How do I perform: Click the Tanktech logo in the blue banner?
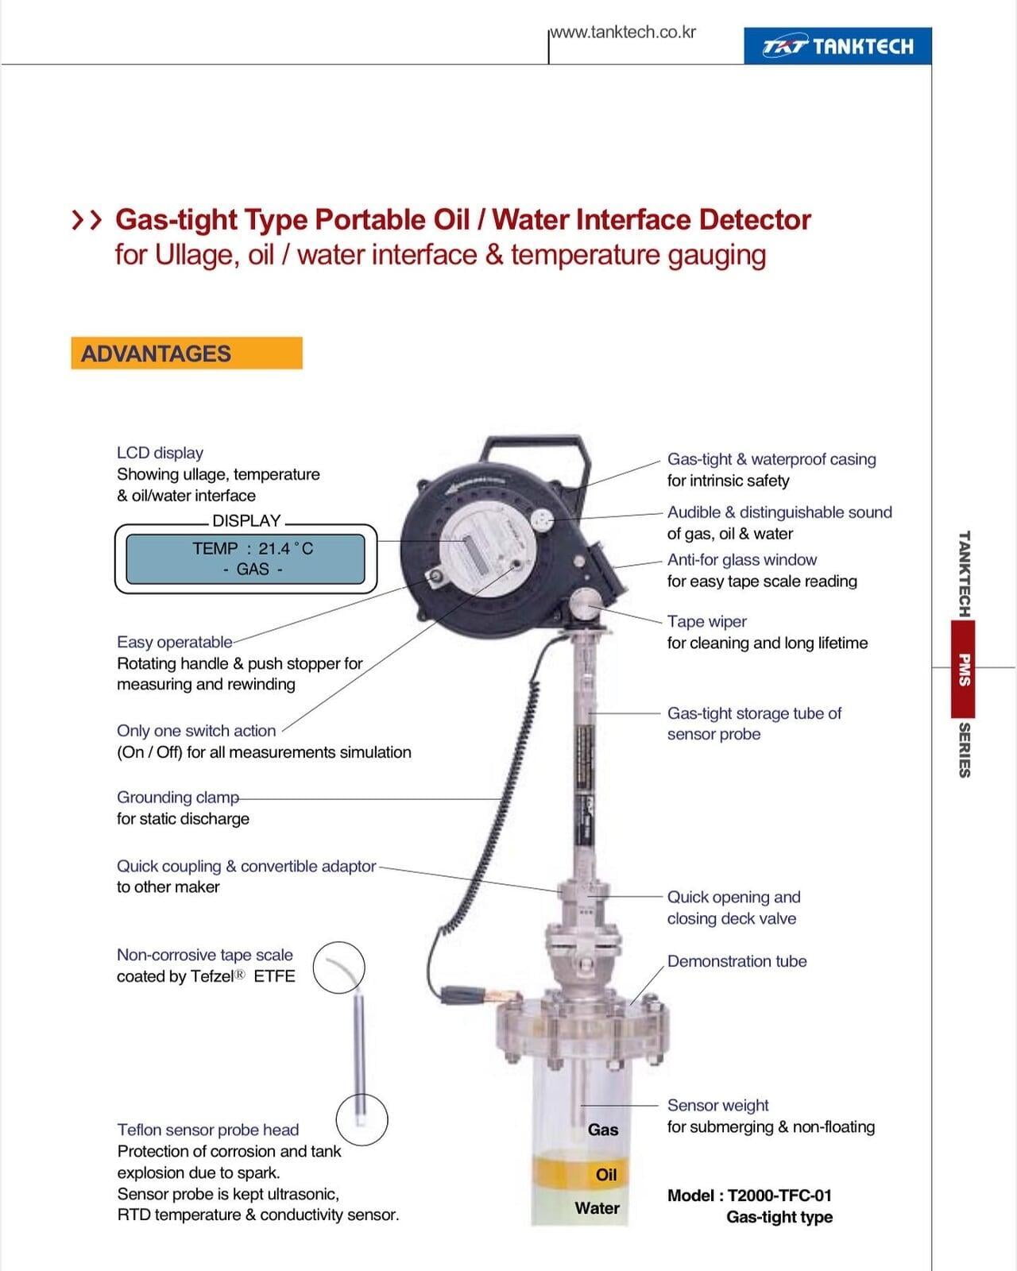(x=837, y=46)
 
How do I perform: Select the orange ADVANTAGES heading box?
(x=187, y=353)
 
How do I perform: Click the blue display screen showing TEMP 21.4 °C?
(x=246, y=558)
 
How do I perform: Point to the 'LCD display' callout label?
(x=160, y=453)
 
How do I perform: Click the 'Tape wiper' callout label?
(x=707, y=621)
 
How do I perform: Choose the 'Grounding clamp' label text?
(x=178, y=798)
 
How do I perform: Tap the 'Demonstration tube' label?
(x=737, y=961)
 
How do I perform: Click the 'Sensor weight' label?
(x=718, y=1105)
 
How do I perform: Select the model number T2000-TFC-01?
(x=779, y=1196)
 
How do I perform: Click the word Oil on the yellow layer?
(x=606, y=1175)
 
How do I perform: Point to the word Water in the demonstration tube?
(x=597, y=1208)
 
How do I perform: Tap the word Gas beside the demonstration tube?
(x=603, y=1130)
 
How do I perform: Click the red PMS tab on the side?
(x=963, y=669)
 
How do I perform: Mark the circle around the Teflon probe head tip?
(x=362, y=1119)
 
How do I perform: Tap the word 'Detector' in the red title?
(x=756, y=220)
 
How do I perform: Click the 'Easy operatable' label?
(x=174, y=642)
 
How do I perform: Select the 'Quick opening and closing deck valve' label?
(x=733, y=908)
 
